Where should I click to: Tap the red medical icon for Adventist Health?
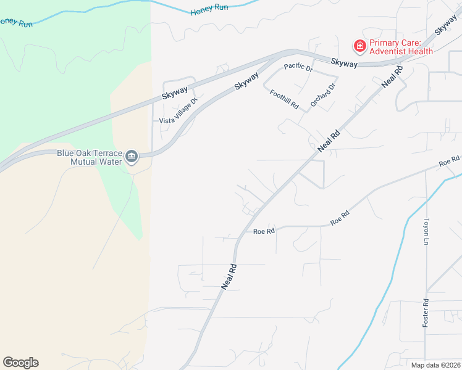(358, 46)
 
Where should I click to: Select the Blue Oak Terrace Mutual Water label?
(89, 158)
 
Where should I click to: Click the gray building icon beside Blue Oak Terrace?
(132, 157)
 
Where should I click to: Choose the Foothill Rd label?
(285, 99)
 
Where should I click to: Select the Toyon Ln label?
(426, 231)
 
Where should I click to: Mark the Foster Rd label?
(426, 313)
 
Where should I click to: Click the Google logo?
(20, 363)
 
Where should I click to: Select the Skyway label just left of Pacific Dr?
(247, 81)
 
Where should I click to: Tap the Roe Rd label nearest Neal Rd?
(264, 231)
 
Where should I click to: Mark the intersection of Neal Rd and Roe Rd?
(238, 237)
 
